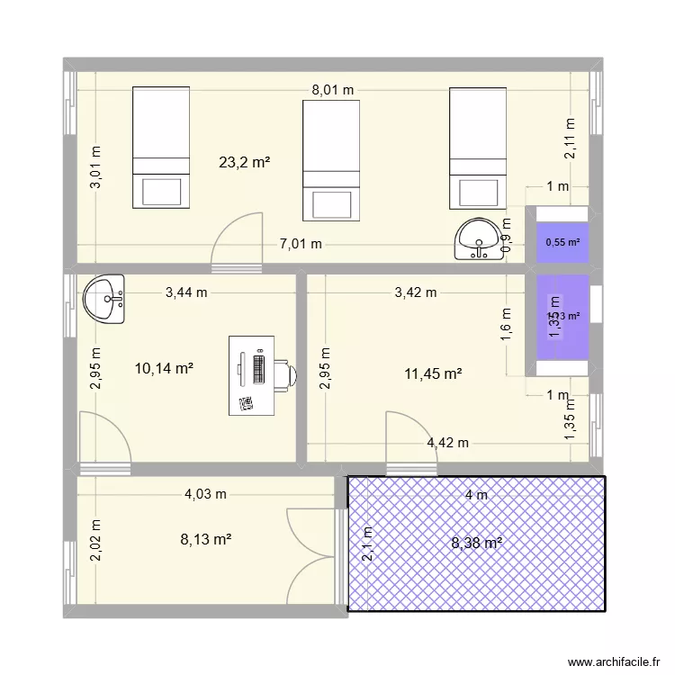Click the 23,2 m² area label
[x=245, y=163]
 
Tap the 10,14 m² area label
[x=165, y=367]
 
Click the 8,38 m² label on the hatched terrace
[x=476, y=543]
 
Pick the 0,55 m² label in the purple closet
[x=563, y=242]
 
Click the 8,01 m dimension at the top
[x=333, y=90]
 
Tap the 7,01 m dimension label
[x=301, y=243]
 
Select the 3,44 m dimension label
[x=186, y=292]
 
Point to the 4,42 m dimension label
[x=447, y=442]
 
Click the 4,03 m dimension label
[x=206, y=493]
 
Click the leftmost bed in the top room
[x=161, y=147]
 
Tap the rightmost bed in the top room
[x=477, y=147]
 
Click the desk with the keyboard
[x=253, y=375]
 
